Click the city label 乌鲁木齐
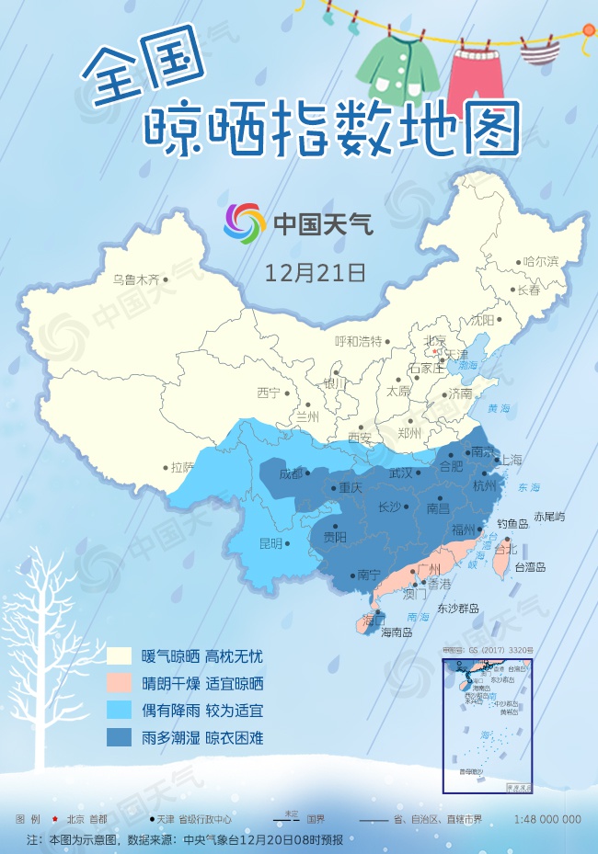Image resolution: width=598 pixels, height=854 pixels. (135, 279)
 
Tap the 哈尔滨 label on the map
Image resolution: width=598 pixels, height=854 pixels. (540, 261)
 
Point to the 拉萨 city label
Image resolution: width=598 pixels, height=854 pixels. (183, 467)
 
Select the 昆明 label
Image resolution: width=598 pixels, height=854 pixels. (270, 543)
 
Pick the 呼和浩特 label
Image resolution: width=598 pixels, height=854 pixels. (358, 342)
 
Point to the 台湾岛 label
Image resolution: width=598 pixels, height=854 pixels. (530, 567)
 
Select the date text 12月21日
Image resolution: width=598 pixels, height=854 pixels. (315, 272)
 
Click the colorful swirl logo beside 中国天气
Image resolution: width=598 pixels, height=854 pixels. (244, 222)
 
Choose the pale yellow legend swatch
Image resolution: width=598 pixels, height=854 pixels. (119, 656)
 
